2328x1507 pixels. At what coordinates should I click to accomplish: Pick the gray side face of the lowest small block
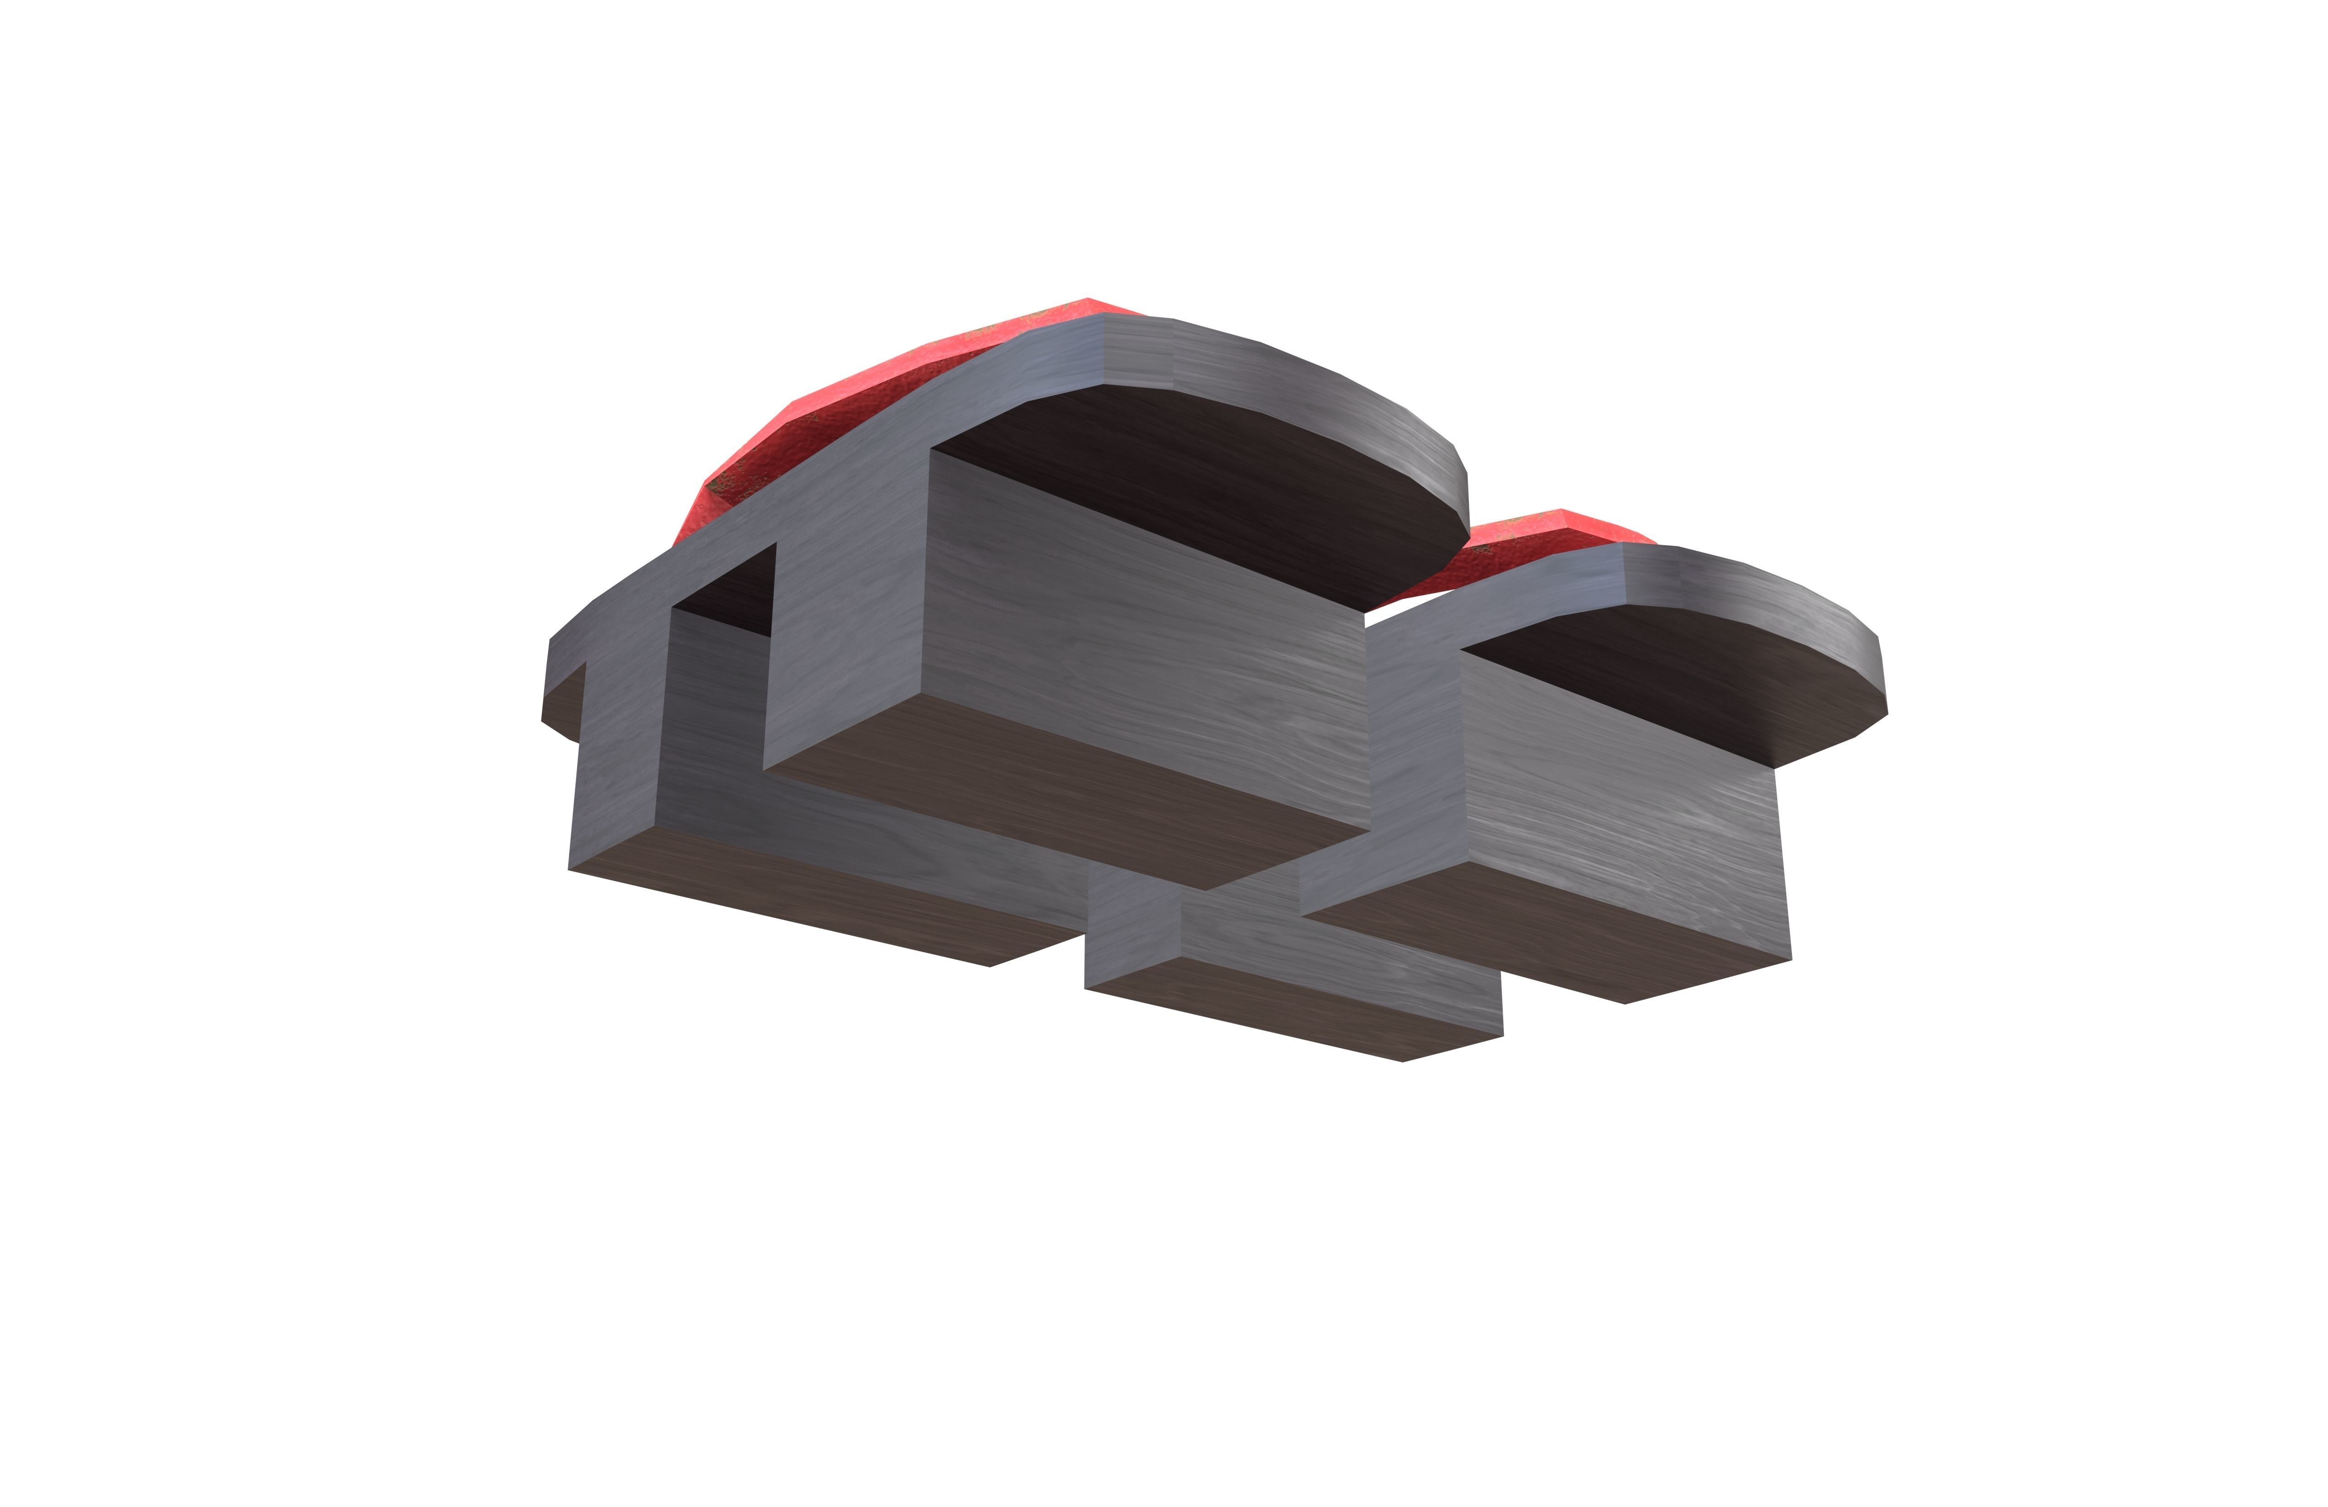[1340, 954]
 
